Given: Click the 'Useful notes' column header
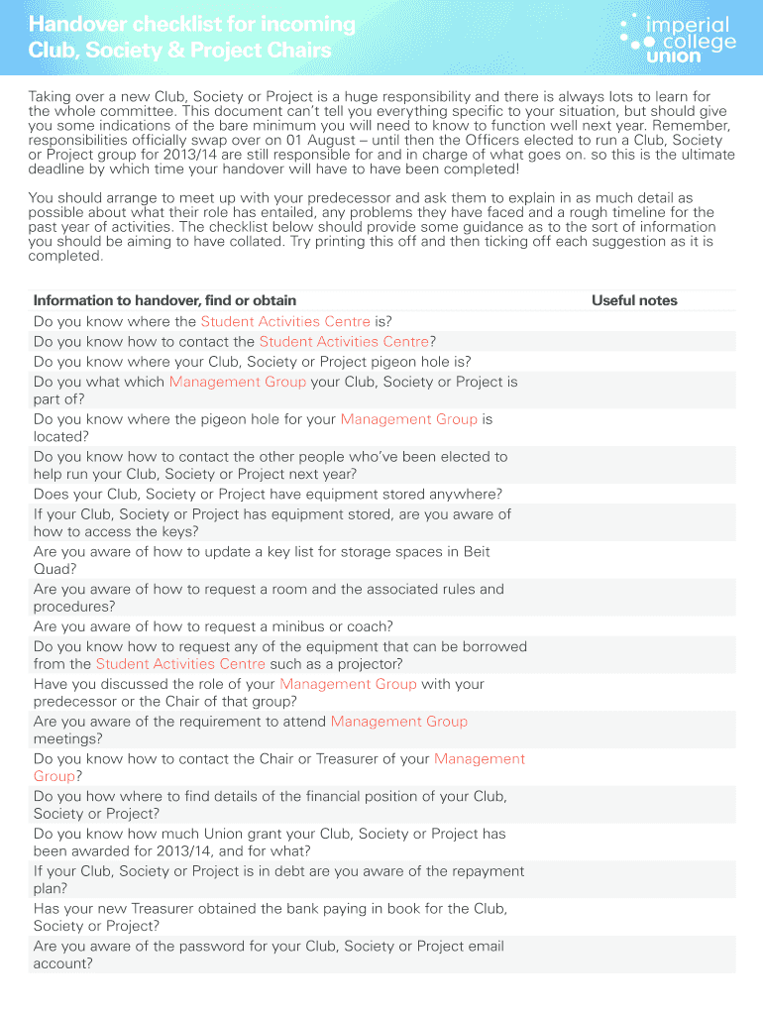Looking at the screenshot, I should (634, 300).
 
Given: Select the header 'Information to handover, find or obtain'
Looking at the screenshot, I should (164, 300).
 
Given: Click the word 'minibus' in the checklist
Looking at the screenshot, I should (293, 626).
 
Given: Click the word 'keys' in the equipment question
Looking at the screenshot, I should (150, 531).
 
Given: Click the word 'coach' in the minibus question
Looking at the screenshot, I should (369, 626).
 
